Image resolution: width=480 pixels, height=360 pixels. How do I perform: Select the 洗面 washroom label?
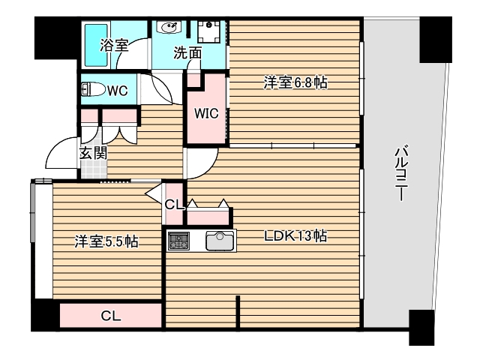(x=187, y=53)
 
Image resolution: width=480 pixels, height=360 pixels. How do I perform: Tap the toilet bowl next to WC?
(x=93, y=91)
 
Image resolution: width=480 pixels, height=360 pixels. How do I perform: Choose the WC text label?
(x=118, y=91)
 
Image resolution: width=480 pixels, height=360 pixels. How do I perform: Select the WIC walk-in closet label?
(x=206, y=114)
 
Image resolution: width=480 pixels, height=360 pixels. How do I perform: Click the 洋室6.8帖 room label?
(x=295, y=83)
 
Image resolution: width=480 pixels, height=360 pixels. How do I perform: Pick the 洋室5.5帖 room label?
(x=105, y=241)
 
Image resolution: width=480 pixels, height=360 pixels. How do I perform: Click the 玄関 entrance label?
(x=93, y=153)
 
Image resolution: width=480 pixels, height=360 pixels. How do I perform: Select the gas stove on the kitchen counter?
(x=178, y=241)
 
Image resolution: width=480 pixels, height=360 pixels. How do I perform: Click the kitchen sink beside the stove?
(x=220, y=241)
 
